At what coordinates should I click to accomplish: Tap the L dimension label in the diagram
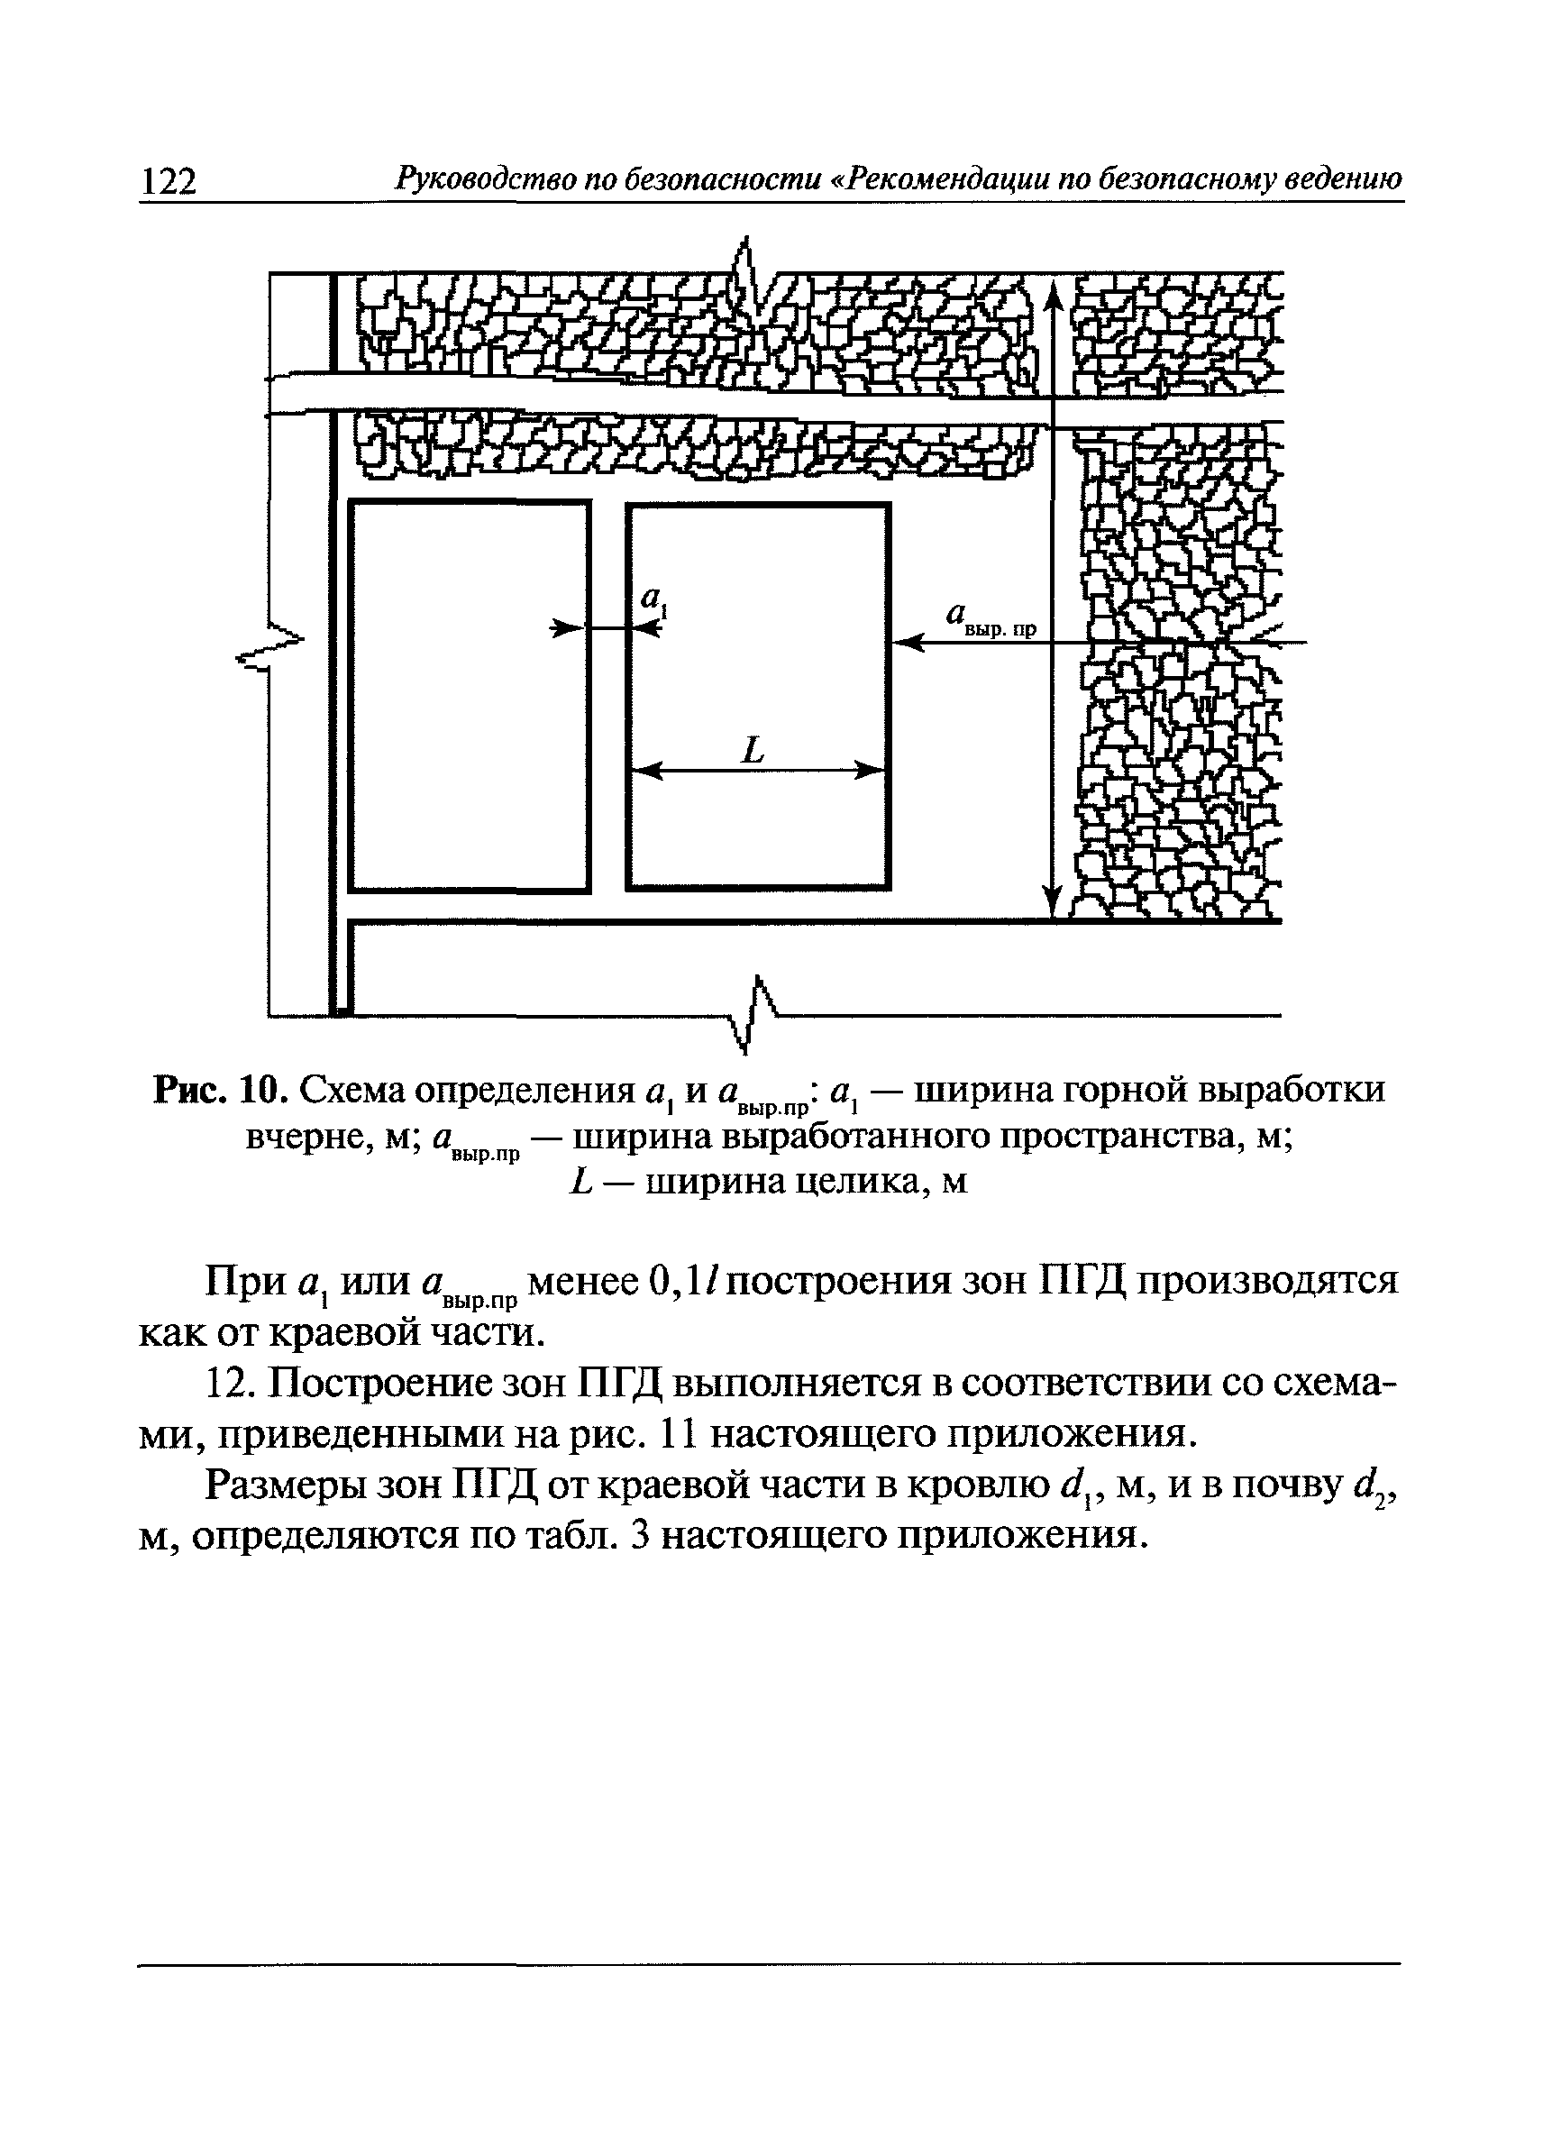point(753,749)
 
